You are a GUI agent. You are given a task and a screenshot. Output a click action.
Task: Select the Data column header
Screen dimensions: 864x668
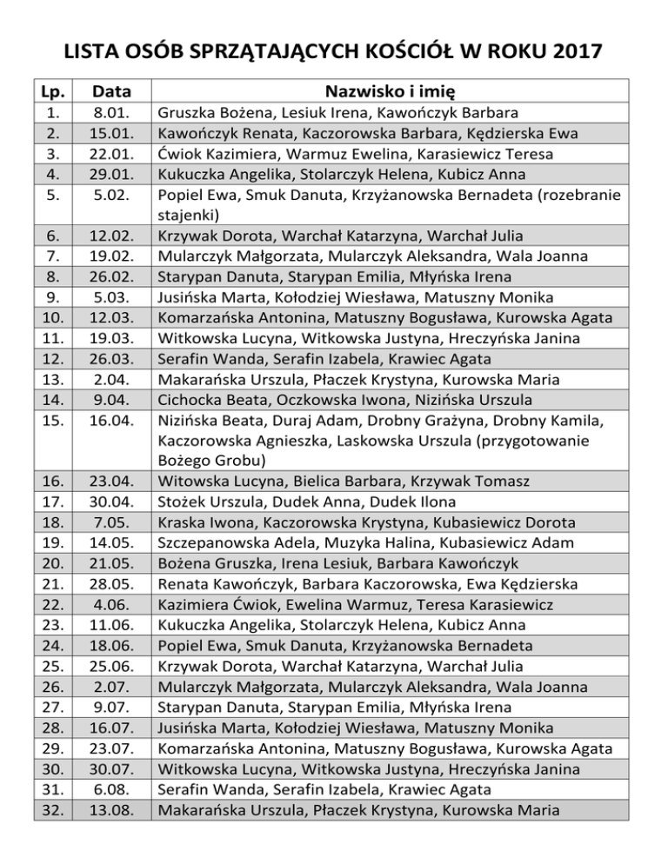pos(112,91)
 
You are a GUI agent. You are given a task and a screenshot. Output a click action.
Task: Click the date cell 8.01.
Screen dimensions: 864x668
pos(112,113)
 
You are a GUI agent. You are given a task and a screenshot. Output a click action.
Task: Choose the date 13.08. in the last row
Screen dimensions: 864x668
pos(112,810)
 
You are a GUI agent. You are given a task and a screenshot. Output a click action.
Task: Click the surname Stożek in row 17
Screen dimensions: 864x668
pos(180,502)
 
